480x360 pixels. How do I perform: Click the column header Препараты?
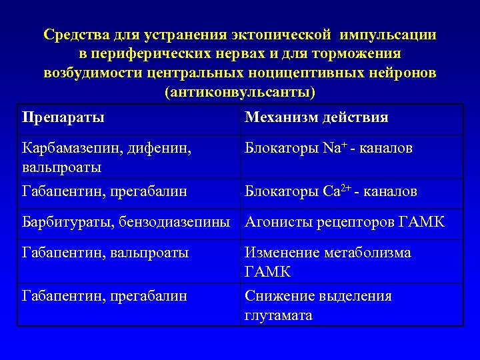[x=63, y=118]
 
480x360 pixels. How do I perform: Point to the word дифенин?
[x=163, y=148]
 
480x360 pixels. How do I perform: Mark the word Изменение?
[x=281, y=253]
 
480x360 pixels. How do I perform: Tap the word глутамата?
[x=279, y=315]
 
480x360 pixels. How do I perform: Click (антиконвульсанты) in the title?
[x=240, y=91]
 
